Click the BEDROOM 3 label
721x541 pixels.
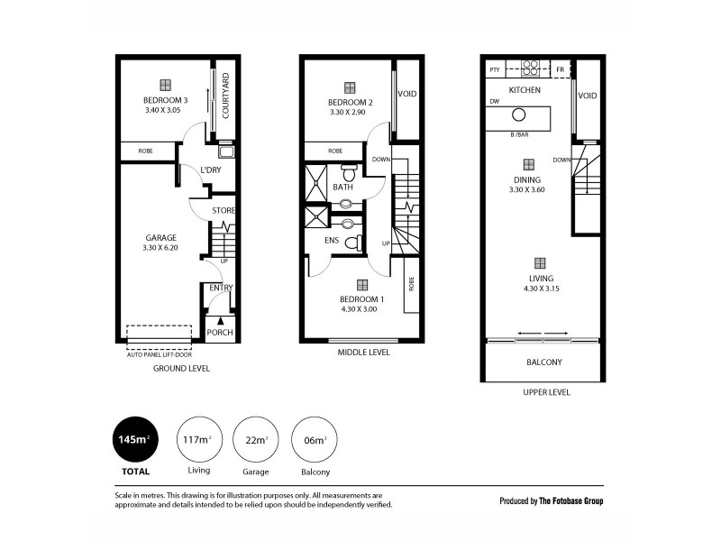(x=165, y=100)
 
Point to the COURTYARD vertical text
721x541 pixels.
(x=225, y=96)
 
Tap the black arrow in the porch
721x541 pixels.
(x=220, y=320)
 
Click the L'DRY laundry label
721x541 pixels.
(x=210, y=170)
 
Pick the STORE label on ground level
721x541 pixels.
(x=223, y=211)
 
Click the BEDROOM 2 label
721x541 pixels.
(x=348, y=103)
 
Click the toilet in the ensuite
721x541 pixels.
(x=354, y=243)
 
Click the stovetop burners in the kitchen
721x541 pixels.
(x=530, y=69)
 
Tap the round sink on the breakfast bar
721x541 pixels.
(x=519, y=115)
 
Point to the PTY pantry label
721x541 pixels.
(x=494, y=69)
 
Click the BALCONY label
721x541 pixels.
(x=543, y=362)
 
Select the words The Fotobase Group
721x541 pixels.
(x=571, y=500)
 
